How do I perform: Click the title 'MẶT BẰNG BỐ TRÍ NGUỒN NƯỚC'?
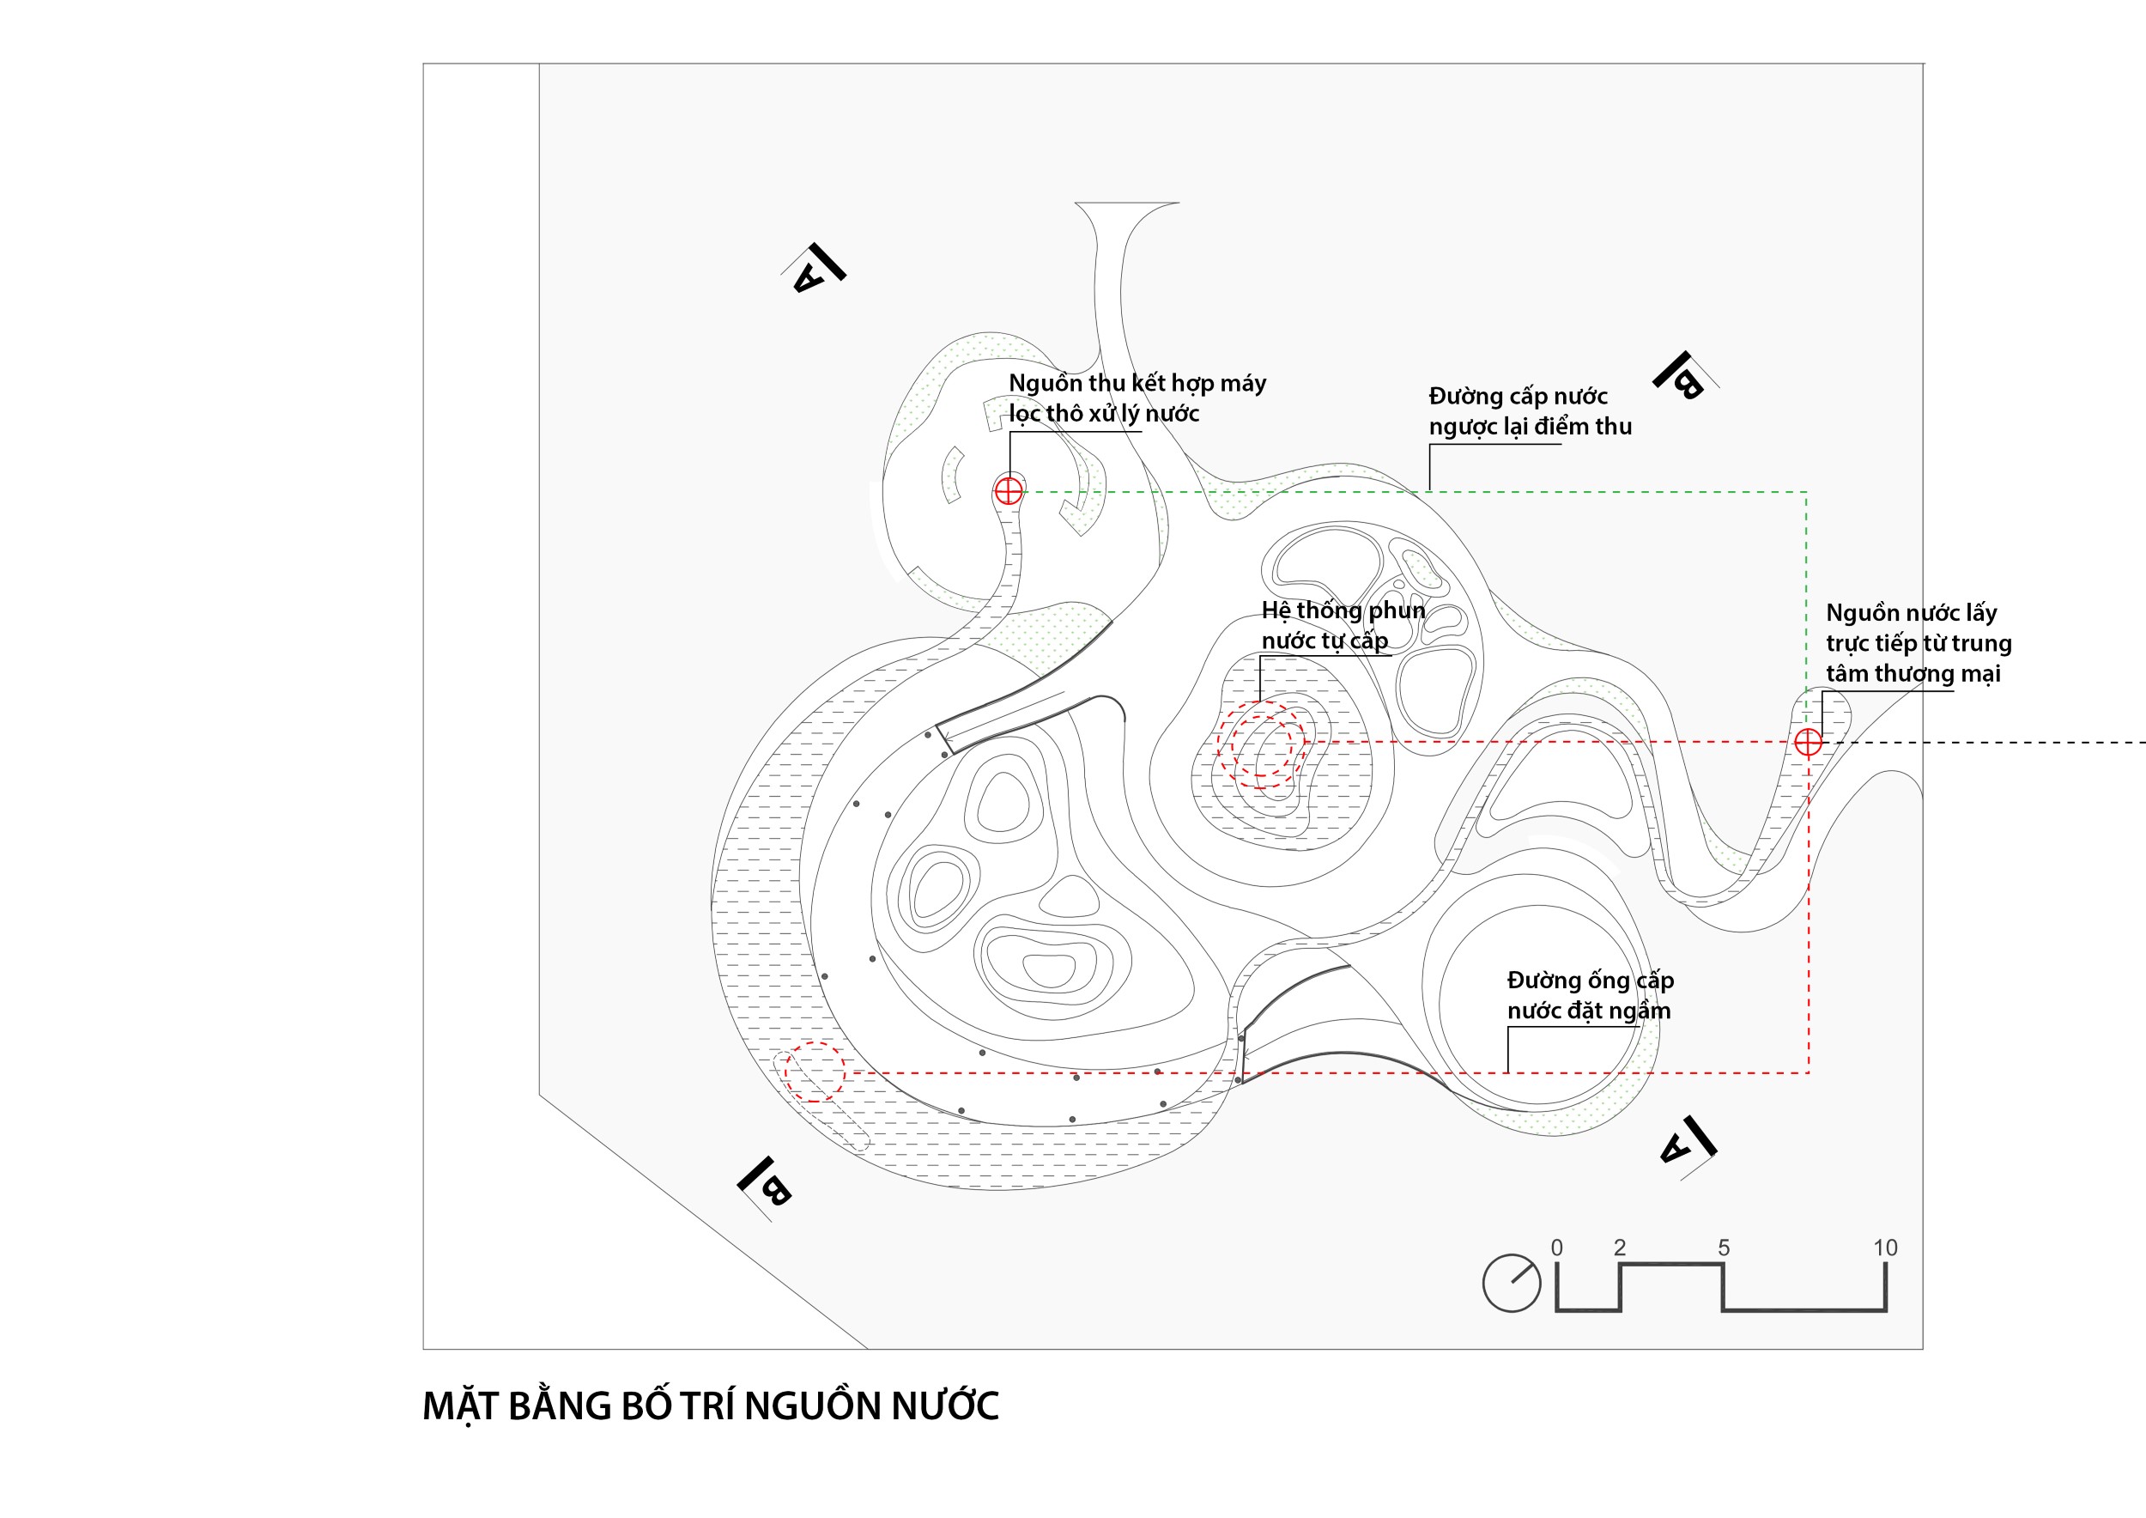(711, 1406)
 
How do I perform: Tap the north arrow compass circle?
(1512, 1284)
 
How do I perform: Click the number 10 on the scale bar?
(1884, 1247)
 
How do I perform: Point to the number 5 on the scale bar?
(1724, 1247)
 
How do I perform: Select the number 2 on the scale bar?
(1620, 1247)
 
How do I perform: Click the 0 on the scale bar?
(1556, 1247)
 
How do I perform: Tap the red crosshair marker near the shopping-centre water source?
(1808, 742)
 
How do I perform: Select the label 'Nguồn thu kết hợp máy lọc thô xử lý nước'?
(1137, 398)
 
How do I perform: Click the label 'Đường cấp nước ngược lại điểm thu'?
(1529, 411)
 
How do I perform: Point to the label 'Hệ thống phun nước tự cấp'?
(1343, 625)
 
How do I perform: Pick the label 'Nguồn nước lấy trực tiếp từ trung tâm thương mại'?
(1918, 643)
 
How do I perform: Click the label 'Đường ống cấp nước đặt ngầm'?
(1589, 995)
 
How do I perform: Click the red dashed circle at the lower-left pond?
(814, 1072)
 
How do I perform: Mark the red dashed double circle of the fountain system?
(1261, 746)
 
